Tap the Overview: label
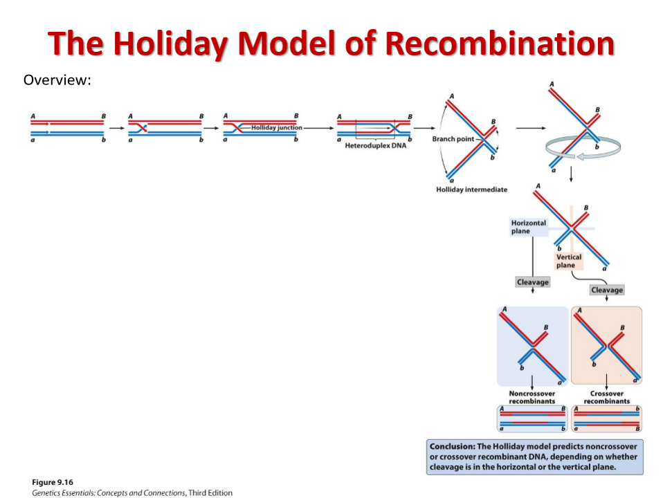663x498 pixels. [57, 80]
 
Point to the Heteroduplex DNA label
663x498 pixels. [375, 145]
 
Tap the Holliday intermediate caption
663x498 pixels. [471, 190]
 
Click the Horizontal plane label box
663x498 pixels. [528, 227]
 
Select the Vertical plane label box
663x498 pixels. [569, 261]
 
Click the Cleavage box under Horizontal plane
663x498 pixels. [532, 282]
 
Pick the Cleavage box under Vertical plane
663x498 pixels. [606, 290]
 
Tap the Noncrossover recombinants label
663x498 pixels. [531, 397]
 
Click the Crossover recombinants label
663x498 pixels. [606, 397]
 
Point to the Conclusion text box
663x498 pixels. [535, 456]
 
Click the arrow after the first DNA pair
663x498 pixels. [116, 128]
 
